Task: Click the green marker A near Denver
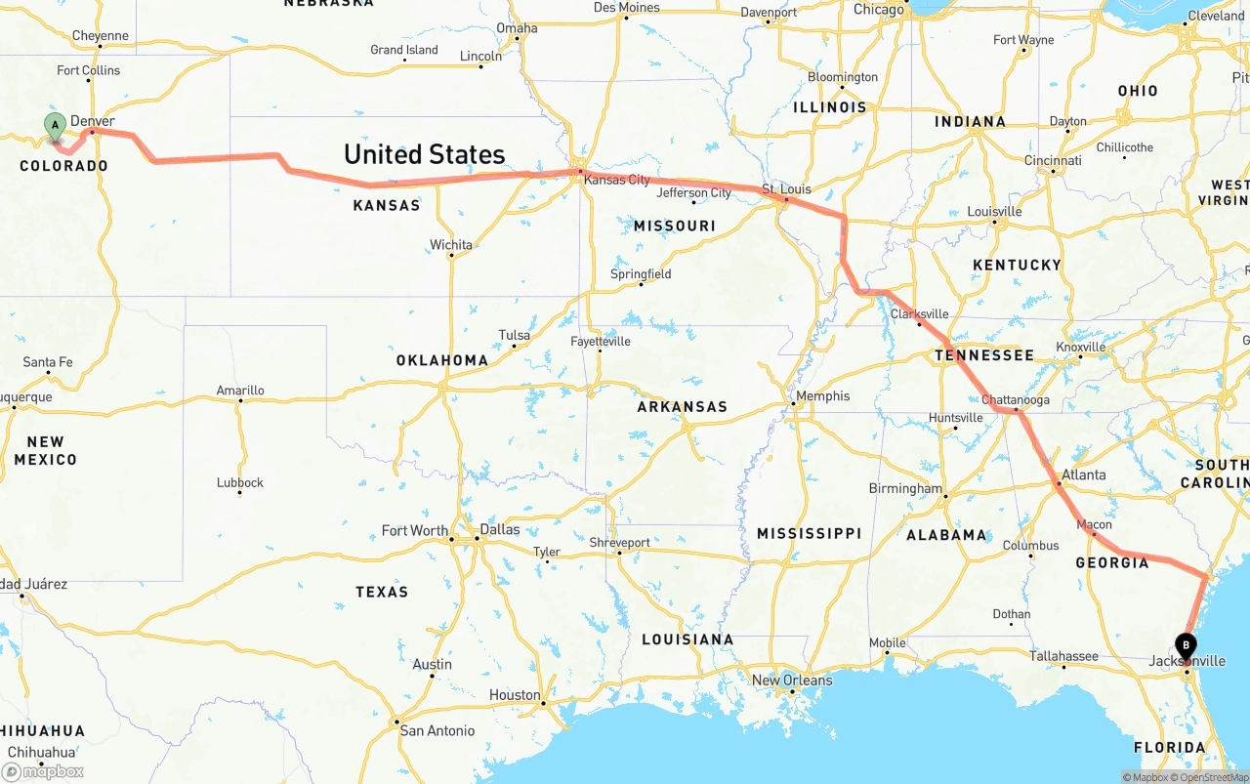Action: [56, 124]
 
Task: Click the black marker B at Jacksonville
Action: [1186, 645]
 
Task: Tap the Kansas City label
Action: [616, 180]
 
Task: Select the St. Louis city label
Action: [786, 188]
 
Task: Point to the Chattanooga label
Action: [1016, 400]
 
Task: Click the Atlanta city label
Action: [1083, 475]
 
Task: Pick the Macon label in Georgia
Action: [1094, 524]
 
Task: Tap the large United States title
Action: [424, 154]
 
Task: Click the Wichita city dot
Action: [450, 256]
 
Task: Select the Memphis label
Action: [822, 396]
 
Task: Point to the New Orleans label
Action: [792, 680]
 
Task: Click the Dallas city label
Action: [499, 529]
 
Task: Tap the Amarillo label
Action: [240, 391]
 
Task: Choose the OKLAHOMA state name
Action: [441, 360]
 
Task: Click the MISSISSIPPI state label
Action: [809, 533]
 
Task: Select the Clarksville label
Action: [919, 314]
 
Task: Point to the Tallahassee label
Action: [1064, 656]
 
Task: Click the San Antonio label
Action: [437, 730]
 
